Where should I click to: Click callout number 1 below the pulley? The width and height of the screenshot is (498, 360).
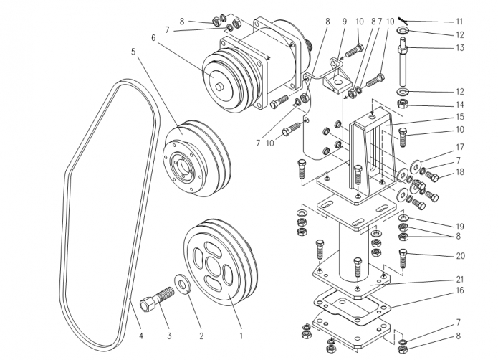[241, 336]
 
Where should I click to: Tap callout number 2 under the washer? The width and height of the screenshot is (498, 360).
[201, 336]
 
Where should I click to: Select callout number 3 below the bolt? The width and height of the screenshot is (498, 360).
[169, 336]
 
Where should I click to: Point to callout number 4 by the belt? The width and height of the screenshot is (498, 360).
[140, 336]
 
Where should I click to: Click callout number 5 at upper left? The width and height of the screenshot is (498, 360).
[133, 51]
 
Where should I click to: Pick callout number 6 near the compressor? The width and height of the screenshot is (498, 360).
[154, 38]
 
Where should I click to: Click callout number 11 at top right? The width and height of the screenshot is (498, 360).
[459, 22]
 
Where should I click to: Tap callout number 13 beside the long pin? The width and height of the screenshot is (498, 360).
[460, 47]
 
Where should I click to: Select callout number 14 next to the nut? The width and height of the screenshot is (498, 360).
[460, 105]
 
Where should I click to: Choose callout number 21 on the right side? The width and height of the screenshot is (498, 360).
[460, 279]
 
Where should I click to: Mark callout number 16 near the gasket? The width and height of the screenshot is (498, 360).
[460, 290]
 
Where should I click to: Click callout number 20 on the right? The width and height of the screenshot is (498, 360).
[461, 256]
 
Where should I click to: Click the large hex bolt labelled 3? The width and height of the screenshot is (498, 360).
[157, 298]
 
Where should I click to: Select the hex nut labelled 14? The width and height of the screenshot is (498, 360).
[403, 104]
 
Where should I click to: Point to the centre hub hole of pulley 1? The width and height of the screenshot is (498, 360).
[212, 265]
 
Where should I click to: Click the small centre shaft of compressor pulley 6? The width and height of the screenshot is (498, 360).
[219, 87]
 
